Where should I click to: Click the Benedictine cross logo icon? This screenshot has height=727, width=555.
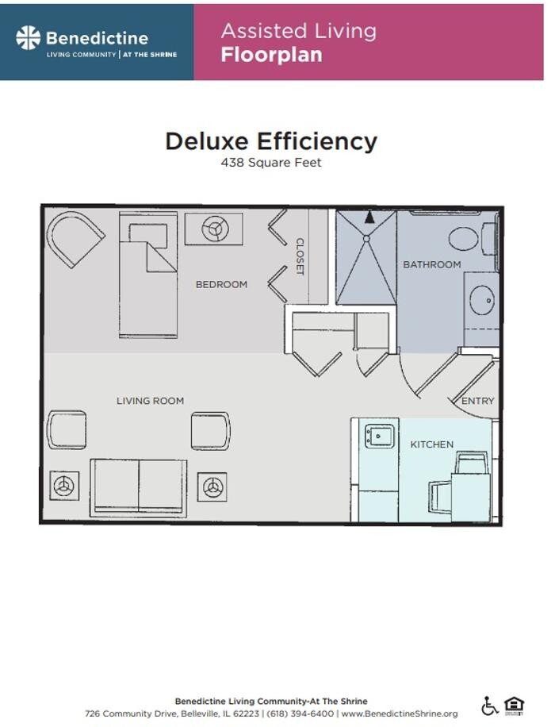[x=29, y=37]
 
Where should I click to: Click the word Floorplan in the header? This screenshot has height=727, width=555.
[x=271, y=55]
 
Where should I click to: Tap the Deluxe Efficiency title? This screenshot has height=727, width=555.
[x=271, y=141]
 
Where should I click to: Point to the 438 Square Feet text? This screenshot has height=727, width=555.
[x=271, y=162]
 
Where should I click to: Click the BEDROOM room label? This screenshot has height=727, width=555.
[x=221, y=284]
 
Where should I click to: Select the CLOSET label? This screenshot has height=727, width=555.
[x=300, y=256]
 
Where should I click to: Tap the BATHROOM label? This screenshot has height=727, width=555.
[x=432, y=264]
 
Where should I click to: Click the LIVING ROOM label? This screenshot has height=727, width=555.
[x=150, y=401]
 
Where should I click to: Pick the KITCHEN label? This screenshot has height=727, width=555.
[x=432, y=444]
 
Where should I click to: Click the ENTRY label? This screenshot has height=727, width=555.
[x=477, y=401]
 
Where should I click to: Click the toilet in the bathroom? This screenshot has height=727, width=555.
[x=473, y=239]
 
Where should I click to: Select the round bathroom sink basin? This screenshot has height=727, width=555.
[x=482, y=301]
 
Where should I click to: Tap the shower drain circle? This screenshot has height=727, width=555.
[x=366, y=238]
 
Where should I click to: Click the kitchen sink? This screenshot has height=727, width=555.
[x=380, y=437]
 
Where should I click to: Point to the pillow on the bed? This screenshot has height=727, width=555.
[x=148, y=233]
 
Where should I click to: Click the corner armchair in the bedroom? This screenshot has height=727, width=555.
[x=74, y=238]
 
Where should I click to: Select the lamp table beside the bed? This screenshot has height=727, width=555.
[x=213, y=229]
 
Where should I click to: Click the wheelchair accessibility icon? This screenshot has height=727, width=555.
[x=489, y=706]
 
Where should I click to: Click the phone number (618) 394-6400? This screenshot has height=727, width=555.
[x=300, y=714]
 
